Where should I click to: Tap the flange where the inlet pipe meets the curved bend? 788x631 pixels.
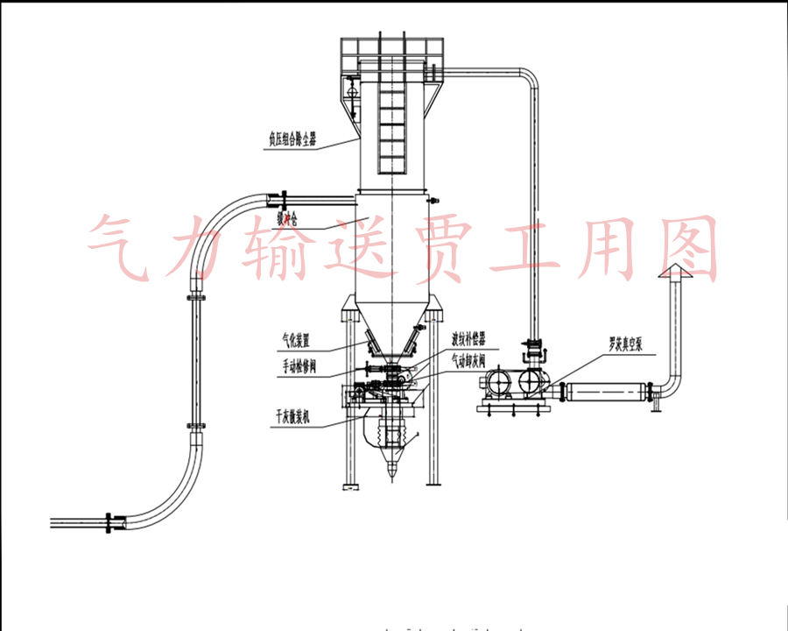tap(278, 198)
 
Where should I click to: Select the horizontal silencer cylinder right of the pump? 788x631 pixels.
tap(605, 391)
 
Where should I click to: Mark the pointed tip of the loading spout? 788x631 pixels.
tap(391, 478)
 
